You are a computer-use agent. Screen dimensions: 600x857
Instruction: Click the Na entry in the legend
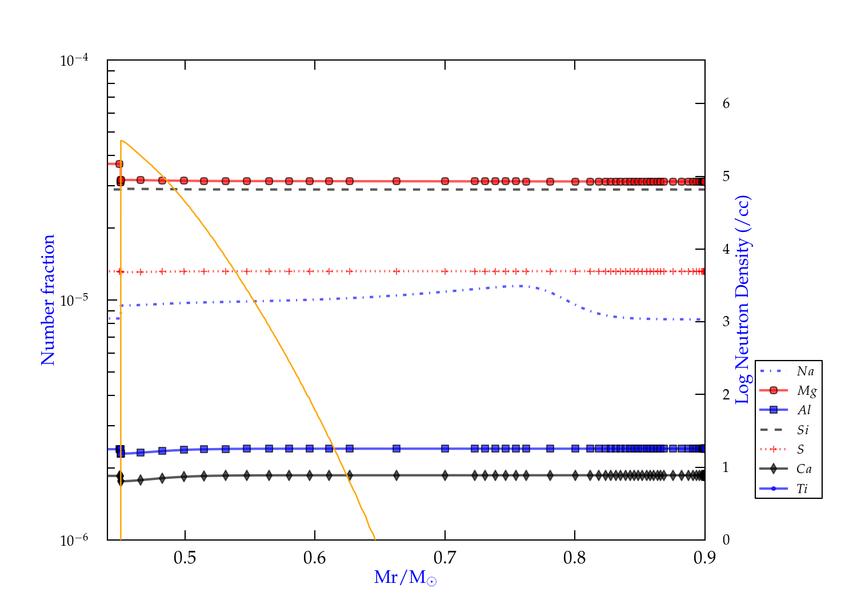pos(805,371)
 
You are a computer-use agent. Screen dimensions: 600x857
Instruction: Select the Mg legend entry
pos(806,391)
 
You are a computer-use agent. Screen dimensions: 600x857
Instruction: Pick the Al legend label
pos(804,410)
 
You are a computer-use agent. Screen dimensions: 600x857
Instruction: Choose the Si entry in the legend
pos(803,430)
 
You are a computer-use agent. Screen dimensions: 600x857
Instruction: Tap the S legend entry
pos(800,450)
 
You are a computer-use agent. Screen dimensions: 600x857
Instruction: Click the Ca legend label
pos(804,469)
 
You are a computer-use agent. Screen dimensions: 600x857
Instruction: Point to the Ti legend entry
pos(802,489)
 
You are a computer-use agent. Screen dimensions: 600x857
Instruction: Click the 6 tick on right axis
pos(726,103)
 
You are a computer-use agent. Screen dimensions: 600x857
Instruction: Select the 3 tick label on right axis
pos(726,321)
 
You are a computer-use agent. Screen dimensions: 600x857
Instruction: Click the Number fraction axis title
pos(48,300)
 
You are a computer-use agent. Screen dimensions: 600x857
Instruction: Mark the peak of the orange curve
pos(121,141)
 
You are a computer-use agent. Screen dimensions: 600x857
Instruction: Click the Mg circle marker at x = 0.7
pos(445,181)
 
